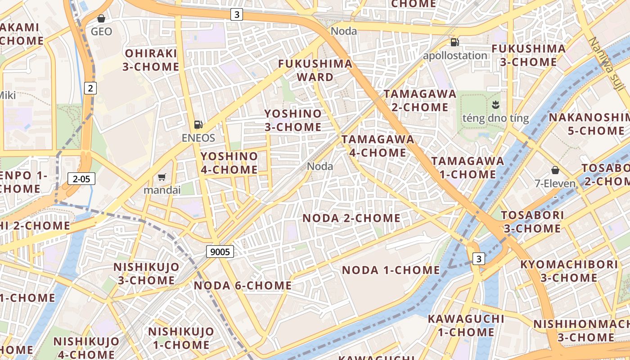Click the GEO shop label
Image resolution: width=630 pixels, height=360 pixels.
click(101, 31)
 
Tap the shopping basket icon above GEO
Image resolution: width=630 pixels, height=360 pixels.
click(101, 18)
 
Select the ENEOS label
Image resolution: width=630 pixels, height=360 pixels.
click(198, 138)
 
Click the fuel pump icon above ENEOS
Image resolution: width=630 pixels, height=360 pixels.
click(198, 125)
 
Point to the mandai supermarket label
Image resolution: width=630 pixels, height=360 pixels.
click(162, 190)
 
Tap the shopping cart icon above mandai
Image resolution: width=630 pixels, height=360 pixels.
click(162, 177)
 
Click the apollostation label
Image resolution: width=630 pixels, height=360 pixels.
click(455, 55)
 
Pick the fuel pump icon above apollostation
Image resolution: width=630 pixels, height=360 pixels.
click(455, 42)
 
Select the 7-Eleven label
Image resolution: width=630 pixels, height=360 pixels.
click(555, 183)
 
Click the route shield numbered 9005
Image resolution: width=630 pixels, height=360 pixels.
click(220, 252)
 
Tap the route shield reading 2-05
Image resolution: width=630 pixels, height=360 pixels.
click(81, 179)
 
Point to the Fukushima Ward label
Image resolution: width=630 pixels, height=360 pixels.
click(315, 70)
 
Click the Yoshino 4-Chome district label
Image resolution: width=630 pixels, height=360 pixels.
click(229, 163)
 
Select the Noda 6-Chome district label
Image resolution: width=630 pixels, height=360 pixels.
click(243, 285)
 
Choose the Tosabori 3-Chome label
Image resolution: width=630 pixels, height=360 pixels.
click(532, 221)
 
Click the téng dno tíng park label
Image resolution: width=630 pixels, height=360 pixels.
click(495, 118)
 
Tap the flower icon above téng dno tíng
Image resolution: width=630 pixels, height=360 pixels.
click(495, 105)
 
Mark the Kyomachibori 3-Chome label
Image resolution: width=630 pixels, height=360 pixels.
click(569, 271)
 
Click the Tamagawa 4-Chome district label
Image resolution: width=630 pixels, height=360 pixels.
click(378, 146)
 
